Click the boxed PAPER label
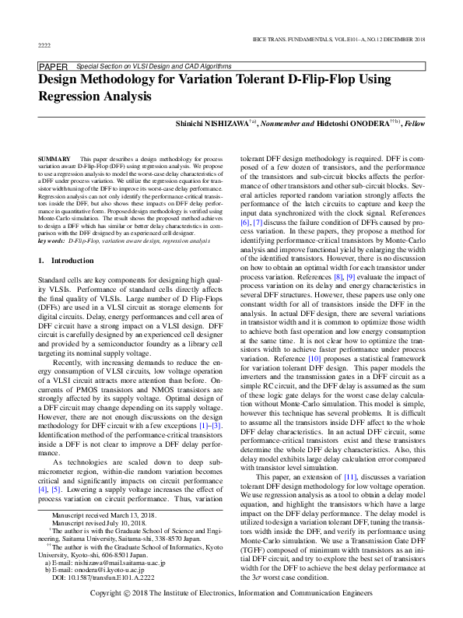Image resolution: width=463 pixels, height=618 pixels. pyautogui.click(x=53, y=68)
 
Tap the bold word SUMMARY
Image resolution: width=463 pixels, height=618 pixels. pyautogui.click(x=54, y=159)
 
